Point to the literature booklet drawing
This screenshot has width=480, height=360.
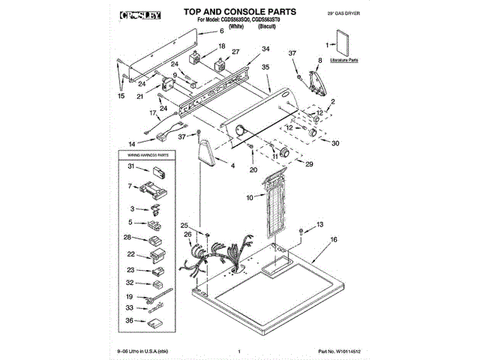pos(343,43)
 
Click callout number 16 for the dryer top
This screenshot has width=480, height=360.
pos(334,239)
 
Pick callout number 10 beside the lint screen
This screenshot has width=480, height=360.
pos(250,198)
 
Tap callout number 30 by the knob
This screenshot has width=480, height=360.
pos(335,143)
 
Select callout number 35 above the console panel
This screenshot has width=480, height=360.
pos(265,67)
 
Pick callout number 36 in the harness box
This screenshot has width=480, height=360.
pos(130,320)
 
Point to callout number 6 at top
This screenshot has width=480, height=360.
pos(221,32)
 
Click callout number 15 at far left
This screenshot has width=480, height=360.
pos(122,96)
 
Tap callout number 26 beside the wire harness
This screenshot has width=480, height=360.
pos(188,235)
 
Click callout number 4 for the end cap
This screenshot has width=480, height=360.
pos(233,164)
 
